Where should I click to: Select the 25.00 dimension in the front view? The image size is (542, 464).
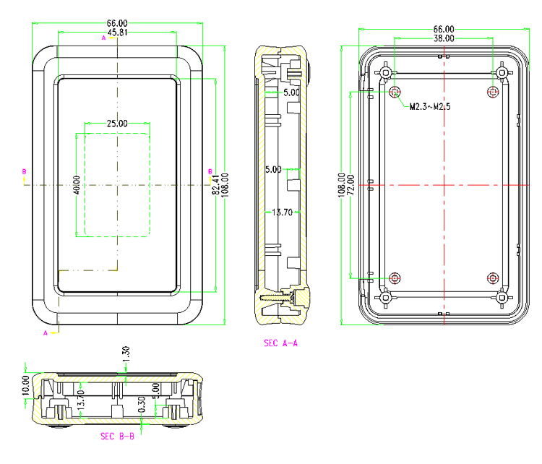coord(117,124)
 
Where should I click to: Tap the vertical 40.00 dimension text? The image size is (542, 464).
coord(77,185)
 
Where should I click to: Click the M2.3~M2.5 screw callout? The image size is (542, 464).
coord(430,107)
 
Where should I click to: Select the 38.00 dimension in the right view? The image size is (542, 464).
coord(444,38)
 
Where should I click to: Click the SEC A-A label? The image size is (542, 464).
coord(281,343)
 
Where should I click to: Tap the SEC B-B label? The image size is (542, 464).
coord(117,436)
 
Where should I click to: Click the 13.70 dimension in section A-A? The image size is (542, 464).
coord(282,212)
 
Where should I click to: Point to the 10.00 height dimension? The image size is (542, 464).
coord(26,384)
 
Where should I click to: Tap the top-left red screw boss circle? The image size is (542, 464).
coord(395,93)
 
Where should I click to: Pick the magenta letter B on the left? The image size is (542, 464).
coord(24,171)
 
